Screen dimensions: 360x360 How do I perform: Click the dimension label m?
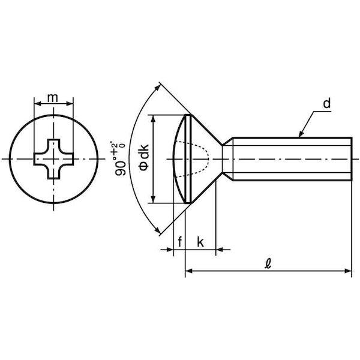[53, 98]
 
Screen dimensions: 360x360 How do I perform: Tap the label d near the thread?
[327, 103]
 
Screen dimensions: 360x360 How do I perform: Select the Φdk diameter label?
[144, 158]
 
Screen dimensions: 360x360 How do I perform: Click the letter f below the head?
[180, 242]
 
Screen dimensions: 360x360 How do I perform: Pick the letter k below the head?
[200, 242]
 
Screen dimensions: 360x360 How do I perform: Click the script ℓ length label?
[268, 263]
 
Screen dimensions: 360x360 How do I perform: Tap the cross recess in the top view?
[54, 159]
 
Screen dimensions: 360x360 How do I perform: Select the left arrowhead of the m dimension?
[37, 104]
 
